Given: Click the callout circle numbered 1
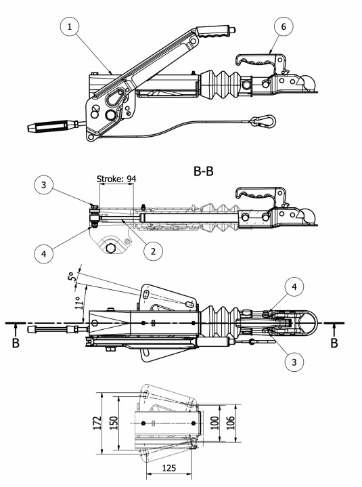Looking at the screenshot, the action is (x=70, y=26).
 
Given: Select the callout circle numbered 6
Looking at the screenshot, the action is (x=284, y=26).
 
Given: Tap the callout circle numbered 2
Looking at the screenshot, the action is (x=153, y=251).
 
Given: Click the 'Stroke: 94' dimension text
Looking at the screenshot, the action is (x=116, y=179).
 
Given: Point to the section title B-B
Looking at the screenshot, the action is (x=204, y=171).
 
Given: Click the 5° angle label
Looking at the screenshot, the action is (x=71, y=276).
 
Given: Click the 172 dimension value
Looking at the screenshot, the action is (x=97, y=423).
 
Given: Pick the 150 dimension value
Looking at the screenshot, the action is (x=114, y=423).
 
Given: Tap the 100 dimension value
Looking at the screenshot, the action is (x=214, y=423).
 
